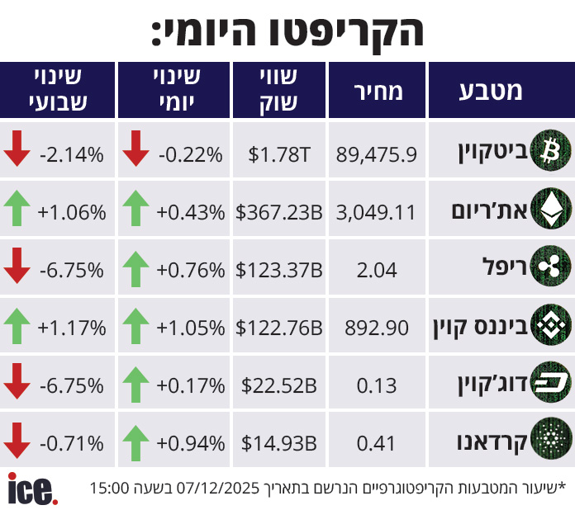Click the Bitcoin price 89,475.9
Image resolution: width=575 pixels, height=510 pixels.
[x=377, y=153]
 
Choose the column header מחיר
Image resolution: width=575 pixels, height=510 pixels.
[x=378, y=91]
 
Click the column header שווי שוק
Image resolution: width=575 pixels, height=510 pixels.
[x=278, y=91]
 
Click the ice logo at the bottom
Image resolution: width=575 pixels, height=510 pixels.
[x=33, y=489]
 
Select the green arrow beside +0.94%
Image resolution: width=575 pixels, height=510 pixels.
[x=135, y=442]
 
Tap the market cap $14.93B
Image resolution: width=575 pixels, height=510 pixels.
[x=279, y=443]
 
